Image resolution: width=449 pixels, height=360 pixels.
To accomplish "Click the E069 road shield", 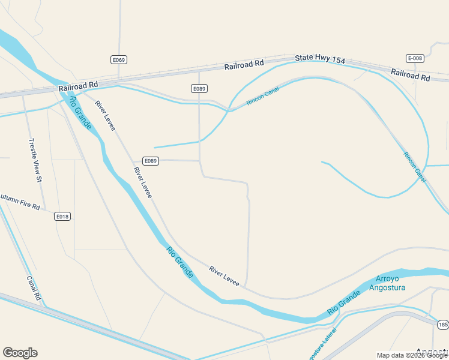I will [x=119, y=59].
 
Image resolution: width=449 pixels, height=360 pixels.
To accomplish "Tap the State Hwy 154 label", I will [x=320, y=59].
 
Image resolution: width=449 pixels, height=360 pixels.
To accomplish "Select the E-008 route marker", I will [x=415, y=58].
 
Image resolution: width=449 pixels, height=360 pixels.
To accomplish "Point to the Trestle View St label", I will [x=35, y=160].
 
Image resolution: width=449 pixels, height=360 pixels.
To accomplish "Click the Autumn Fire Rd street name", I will [x=19, y=202].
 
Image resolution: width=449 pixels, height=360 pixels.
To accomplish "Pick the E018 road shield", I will [x=62, y=216].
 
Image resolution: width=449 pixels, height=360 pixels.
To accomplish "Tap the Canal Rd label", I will [x=34, y=288].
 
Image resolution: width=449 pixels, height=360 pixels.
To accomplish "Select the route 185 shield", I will [x=443, y=325].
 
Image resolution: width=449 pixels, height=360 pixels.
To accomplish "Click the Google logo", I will [x=20, y=353].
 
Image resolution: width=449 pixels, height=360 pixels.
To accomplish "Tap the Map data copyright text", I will [x=412, y=355].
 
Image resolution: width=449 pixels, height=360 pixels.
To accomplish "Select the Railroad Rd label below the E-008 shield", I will [x=411, y=74].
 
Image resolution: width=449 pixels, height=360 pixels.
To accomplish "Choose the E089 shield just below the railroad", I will [x=199, y=88].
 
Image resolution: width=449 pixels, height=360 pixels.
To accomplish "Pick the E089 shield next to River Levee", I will [x=151, y=161].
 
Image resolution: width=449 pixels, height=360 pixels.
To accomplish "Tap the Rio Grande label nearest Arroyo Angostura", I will [x=343, y=304].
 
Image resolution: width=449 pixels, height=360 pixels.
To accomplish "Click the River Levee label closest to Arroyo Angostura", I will [x=224, y=275].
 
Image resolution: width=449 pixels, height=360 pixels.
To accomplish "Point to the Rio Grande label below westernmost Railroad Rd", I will [x=80, y=112].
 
